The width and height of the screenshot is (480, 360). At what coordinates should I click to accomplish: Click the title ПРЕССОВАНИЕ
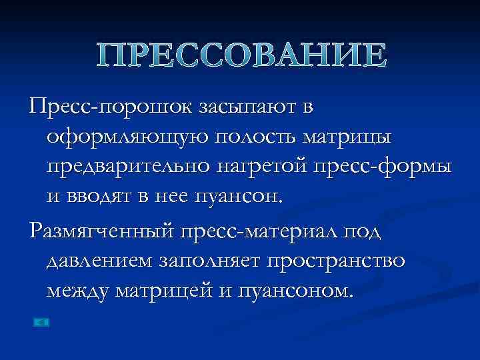[240, 55]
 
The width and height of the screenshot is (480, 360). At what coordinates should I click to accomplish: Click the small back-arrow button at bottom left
[41, 323]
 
